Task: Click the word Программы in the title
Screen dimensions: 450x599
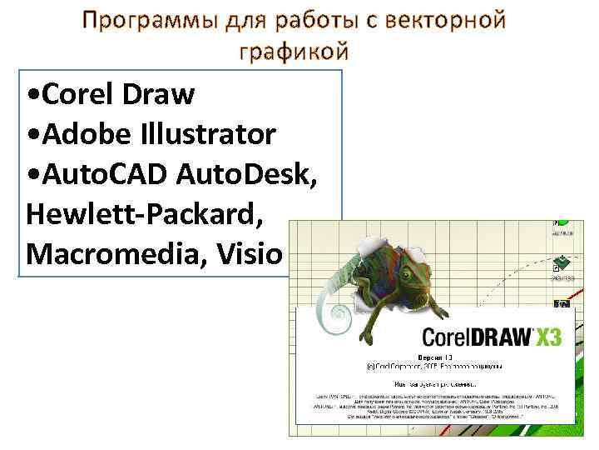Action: (151, 19)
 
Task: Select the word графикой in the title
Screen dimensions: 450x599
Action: (293, 52)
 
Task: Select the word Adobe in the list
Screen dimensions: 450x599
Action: (82, 134)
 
